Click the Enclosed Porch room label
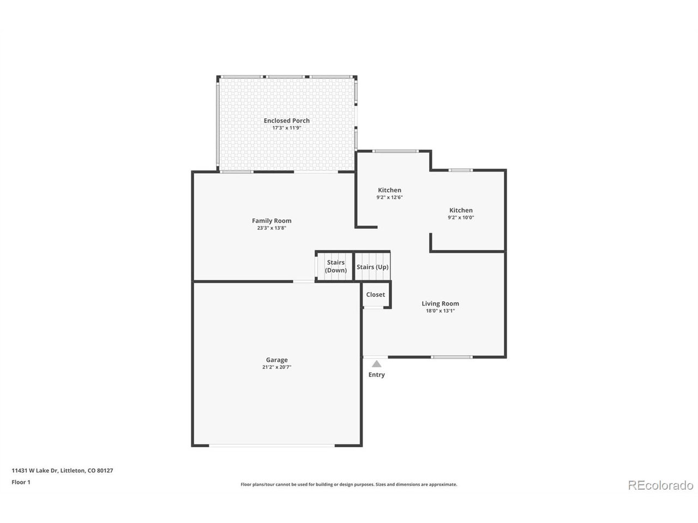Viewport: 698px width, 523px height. tap(286, 120)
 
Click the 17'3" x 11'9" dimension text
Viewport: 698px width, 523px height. tap(286, 128)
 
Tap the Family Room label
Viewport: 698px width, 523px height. tap(272, 221)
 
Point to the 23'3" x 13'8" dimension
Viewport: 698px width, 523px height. tap(272, 228)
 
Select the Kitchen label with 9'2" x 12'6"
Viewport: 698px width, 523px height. tap(389, 190)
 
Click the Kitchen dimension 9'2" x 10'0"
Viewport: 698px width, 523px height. tap(461, 218)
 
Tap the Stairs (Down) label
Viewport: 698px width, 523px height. tap(335, 266)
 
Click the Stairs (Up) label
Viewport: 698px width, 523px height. tap(372, 267)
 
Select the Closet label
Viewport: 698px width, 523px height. tap(375, 295)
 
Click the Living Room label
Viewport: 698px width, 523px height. tap(440, 303)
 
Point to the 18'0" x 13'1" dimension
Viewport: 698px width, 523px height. tap(440, 311)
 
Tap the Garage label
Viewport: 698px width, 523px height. tap(276, 360)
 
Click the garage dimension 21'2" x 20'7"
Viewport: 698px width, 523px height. tap(276, 367)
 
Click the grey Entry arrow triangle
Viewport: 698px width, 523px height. tap(376, 364)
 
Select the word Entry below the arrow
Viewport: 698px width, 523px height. tap(376, 375)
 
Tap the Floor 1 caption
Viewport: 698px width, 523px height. tap(21, 482)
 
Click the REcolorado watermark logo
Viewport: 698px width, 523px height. tap(660, 485)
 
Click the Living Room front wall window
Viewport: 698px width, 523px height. tap(452, 357)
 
